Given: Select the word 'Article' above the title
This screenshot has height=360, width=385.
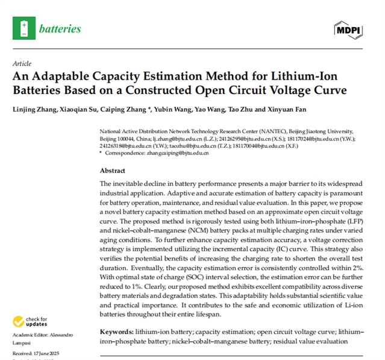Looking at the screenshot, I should (22, 63).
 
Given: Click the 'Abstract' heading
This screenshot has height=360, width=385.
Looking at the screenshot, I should (113, 171).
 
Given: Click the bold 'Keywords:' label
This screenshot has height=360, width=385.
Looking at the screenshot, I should (117, 332).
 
